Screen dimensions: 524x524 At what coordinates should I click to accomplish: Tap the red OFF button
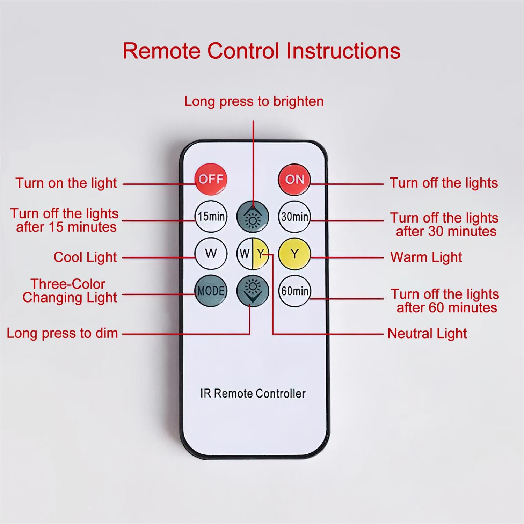(x=211, y=179)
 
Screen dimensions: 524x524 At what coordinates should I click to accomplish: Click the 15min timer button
(x=211, y=217)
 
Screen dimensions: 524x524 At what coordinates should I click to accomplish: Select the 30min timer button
(x=294, y=217)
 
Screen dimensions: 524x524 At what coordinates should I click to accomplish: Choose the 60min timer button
(x=294, y=291)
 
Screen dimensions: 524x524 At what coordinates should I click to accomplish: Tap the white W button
(x=211, y=254)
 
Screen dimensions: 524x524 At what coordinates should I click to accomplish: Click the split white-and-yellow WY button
(x=253, y=254)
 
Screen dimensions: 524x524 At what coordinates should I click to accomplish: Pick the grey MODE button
(x=211, y=291)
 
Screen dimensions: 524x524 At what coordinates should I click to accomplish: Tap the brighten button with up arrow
(x=253, y=217)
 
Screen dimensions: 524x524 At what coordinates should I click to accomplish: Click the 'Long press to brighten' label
(x=254, y=102)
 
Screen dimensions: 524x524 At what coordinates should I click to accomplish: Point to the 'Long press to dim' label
(x=62, y=333)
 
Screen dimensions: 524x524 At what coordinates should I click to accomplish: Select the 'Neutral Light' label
(x=427, y=334)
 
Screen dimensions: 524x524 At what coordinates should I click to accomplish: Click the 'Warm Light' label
(x=426, y=257)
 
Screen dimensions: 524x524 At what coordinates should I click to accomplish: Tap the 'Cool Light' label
(x=85, y=257)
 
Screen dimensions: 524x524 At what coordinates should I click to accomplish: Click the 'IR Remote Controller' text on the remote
(x=253, y=393)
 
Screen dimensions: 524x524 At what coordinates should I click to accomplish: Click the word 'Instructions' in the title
(x=343, y=51)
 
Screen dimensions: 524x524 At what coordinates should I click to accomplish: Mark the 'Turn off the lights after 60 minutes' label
(x=445, y=301)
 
